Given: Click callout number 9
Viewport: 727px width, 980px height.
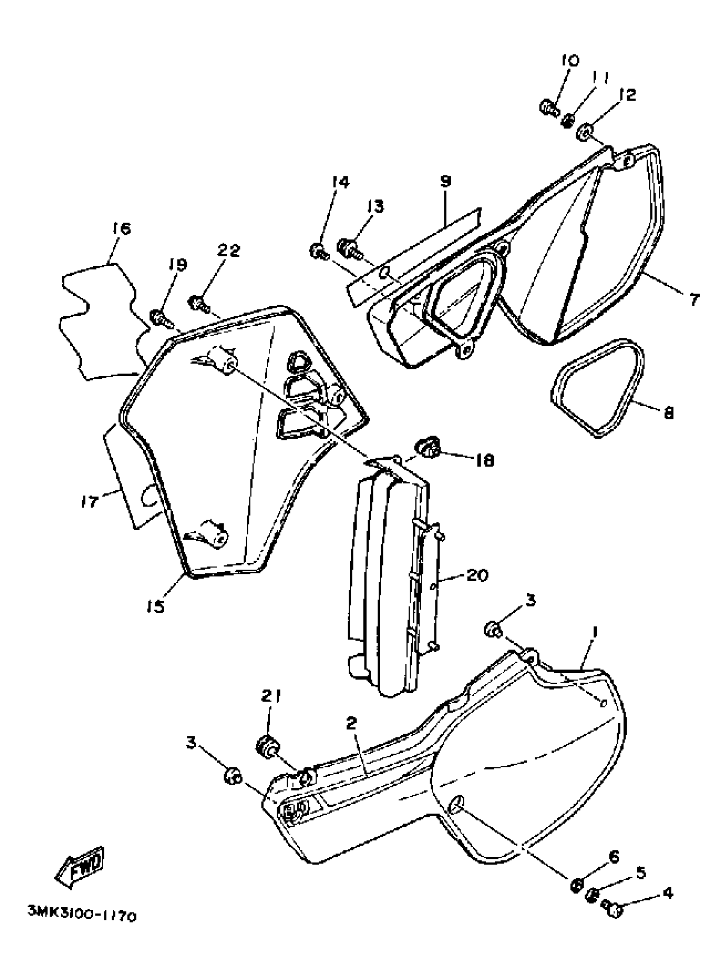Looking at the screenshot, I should tap(445, 181).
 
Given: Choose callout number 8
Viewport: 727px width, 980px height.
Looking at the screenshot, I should tap(668, 413).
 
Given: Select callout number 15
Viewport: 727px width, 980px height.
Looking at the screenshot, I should tap(156, 606).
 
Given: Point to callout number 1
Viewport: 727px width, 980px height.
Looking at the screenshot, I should tap(594, 632).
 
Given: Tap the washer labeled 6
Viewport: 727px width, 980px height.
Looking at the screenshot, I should tap(577, 884).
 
